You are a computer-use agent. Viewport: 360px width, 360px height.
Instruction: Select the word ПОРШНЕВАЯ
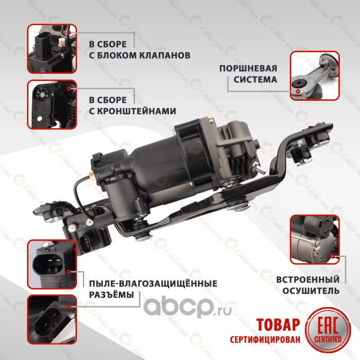248,68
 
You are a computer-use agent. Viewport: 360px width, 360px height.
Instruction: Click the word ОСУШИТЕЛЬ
311,291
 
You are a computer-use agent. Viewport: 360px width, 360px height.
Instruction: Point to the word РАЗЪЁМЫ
111,295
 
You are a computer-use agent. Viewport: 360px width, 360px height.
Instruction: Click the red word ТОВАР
278,324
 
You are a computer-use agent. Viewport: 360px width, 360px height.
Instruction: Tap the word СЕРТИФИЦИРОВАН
265,339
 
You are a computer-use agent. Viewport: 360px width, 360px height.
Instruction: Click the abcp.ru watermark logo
187,308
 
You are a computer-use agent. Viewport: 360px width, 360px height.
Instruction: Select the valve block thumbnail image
52,49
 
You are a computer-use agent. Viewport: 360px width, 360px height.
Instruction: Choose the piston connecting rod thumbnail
315,76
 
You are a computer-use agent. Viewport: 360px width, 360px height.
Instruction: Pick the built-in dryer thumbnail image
315,239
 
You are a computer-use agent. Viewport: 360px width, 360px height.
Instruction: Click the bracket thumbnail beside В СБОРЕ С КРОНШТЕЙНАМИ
52,104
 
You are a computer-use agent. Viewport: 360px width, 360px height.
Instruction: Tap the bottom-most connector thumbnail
52,319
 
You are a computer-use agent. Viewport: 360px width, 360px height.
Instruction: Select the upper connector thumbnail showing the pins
52,264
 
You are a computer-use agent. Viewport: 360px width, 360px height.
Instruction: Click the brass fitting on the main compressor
91,175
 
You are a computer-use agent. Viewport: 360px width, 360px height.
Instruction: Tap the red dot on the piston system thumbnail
298,91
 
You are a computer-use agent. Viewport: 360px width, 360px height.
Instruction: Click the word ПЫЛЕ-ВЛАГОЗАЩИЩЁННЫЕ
153,283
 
